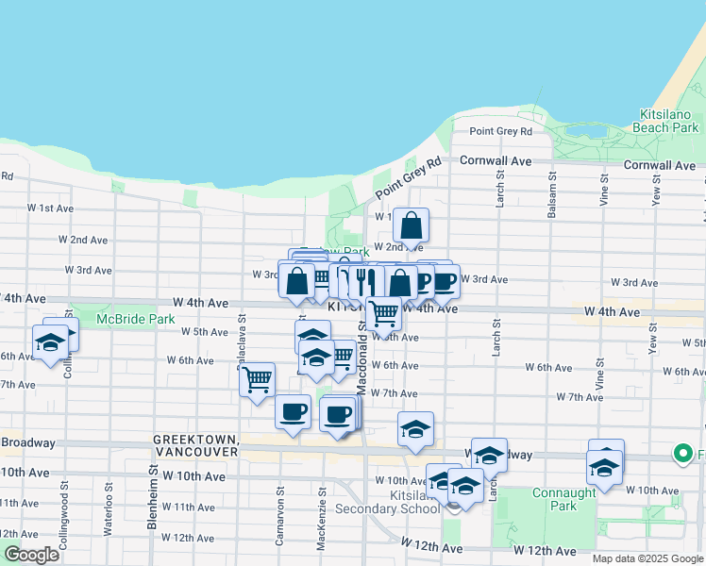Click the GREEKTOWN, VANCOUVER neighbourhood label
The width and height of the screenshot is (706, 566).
195,445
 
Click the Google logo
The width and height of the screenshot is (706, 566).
31,555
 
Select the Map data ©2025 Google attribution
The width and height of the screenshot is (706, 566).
647,558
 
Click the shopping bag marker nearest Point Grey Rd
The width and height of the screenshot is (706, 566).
411,226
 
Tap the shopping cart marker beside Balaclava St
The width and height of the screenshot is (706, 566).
258,380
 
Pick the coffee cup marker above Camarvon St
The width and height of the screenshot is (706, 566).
293,412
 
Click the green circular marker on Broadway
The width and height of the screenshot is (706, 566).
682,455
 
